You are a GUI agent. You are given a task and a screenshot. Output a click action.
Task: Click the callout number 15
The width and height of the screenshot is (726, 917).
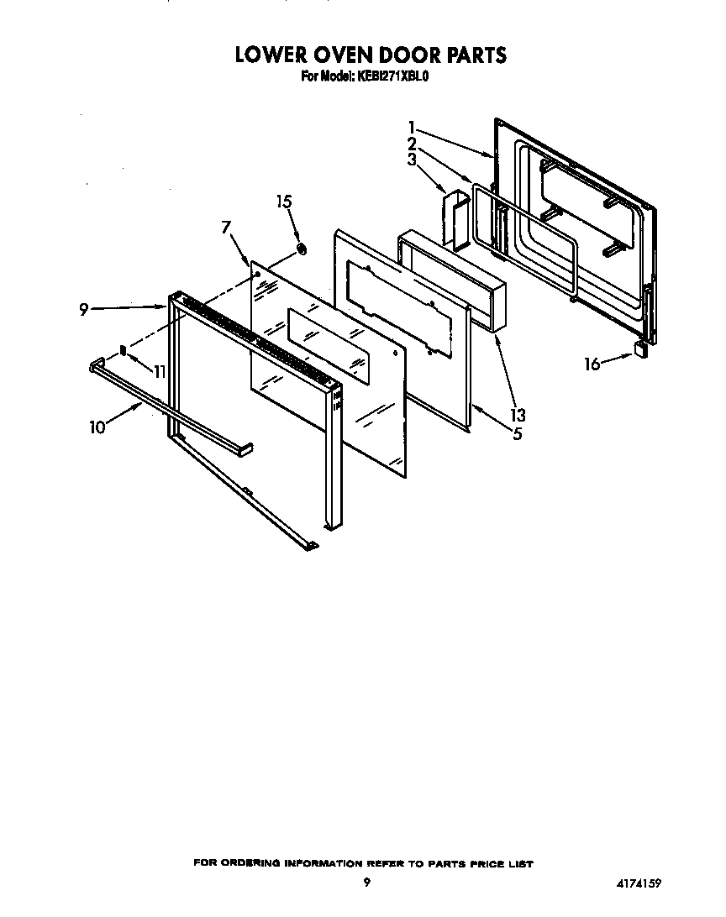pos(285,202)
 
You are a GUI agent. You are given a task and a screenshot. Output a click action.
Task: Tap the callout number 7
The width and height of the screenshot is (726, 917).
pos(225,227)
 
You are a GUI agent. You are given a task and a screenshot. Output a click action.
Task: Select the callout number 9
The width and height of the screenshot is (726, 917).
pos(84,310)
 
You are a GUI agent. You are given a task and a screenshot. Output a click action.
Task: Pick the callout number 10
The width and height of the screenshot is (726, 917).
pos(98,427)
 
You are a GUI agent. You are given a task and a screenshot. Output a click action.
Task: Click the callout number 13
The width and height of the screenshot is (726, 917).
pos(518,414)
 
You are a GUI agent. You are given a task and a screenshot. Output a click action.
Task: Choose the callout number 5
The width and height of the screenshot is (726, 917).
pos(518,434)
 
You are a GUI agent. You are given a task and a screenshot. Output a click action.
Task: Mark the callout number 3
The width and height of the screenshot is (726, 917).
pos(412,160)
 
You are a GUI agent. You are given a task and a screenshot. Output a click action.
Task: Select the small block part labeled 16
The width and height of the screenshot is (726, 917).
pos(642,349)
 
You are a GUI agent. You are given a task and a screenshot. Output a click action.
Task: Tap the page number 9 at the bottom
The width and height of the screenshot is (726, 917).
pos(367,882)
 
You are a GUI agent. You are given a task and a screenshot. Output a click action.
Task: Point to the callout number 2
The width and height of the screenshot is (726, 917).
pos(412,144)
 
